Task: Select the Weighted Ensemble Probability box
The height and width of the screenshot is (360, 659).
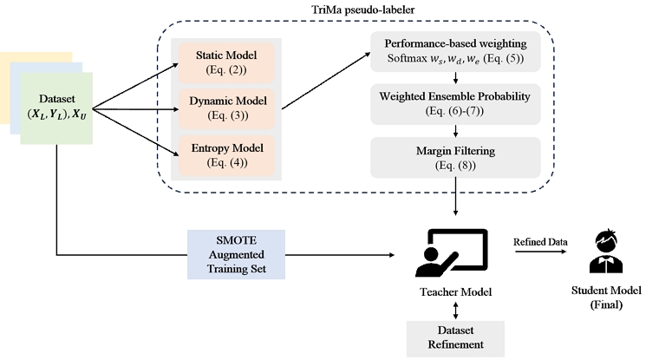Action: coord(456,102)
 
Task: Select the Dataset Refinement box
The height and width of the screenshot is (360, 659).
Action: coord(455,338)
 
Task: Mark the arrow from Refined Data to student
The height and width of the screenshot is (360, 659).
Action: coord(538,253)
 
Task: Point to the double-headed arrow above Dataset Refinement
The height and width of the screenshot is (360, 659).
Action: coord(455,311)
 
